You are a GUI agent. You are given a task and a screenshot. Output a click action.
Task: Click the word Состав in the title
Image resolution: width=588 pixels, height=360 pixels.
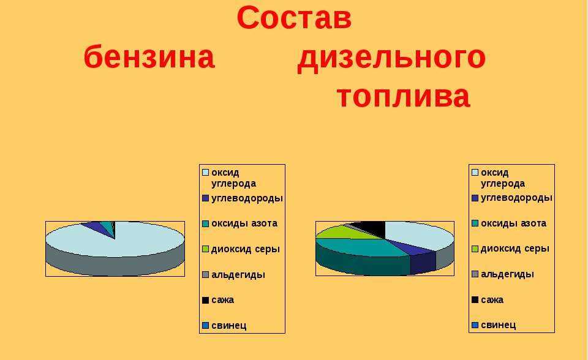point(295,18)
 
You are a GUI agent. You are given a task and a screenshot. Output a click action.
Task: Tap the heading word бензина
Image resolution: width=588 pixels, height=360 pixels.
point(149,57)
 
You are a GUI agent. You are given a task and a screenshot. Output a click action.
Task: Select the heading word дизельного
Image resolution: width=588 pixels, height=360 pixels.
point(391,59)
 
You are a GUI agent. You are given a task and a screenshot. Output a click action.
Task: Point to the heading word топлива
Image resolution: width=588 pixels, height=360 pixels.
point(404,96)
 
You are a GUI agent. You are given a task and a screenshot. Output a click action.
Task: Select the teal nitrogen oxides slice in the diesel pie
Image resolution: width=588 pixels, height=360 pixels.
point(360,247)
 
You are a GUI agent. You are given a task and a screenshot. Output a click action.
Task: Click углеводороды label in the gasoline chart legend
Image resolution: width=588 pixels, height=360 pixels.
point(247,198)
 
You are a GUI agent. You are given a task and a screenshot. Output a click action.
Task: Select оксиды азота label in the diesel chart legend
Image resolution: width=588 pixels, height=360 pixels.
point(513,223)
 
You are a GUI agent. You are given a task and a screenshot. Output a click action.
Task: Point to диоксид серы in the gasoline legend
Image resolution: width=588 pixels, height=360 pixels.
point(246,249)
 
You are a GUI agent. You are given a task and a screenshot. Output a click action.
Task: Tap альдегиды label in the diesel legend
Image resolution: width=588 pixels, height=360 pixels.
point(507,274)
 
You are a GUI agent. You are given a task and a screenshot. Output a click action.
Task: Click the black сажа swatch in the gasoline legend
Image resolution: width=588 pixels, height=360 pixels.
point(206,300)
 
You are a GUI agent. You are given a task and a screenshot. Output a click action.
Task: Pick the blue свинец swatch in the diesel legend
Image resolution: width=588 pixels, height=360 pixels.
point(475,325)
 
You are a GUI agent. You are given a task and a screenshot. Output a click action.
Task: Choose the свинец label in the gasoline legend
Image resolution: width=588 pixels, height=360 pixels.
point(228,326)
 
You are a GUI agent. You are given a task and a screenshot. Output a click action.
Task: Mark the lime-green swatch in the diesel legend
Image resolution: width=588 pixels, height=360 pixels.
point(475,249)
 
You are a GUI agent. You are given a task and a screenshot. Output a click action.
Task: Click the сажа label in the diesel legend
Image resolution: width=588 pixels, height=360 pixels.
point(492,299)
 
